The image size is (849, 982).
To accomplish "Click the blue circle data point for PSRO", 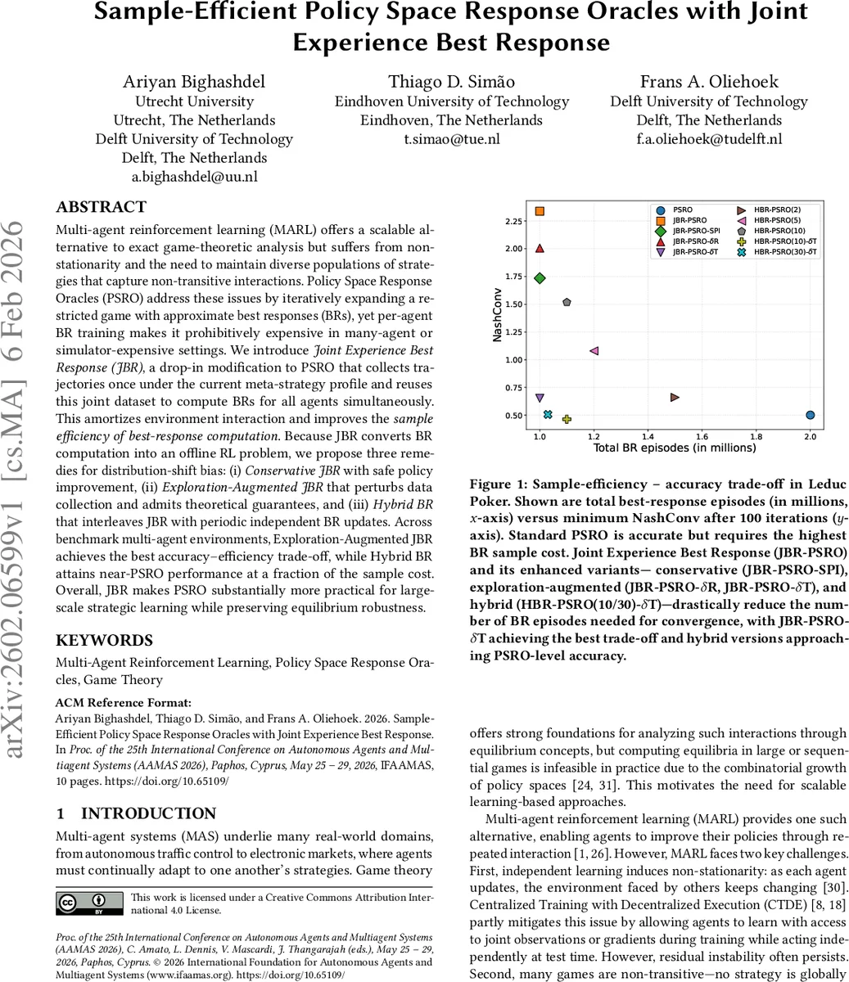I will click(810, 415).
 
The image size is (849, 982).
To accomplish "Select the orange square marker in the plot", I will click(540, 211).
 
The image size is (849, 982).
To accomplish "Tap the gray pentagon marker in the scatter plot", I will click(567, 302).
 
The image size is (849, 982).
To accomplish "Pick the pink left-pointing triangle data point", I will click(594, 351).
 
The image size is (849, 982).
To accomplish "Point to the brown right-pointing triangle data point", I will click(675, 397).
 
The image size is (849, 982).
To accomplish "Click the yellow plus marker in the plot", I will click(567, 419).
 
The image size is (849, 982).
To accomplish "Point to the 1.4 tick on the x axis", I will click(648, 438).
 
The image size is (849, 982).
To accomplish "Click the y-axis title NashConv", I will click(497, 316).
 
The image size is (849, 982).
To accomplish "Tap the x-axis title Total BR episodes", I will click(674, 448).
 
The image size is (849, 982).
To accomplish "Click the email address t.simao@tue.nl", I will click(451, 139).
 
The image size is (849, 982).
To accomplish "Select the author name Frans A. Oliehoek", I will click(708, 81).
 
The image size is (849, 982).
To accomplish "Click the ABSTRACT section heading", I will click(101, 207).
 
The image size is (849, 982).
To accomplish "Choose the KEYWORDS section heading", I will click(104, 641).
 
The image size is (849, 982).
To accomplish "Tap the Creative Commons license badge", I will click(89, 903).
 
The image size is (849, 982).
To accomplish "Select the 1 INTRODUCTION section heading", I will click(136, 813).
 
